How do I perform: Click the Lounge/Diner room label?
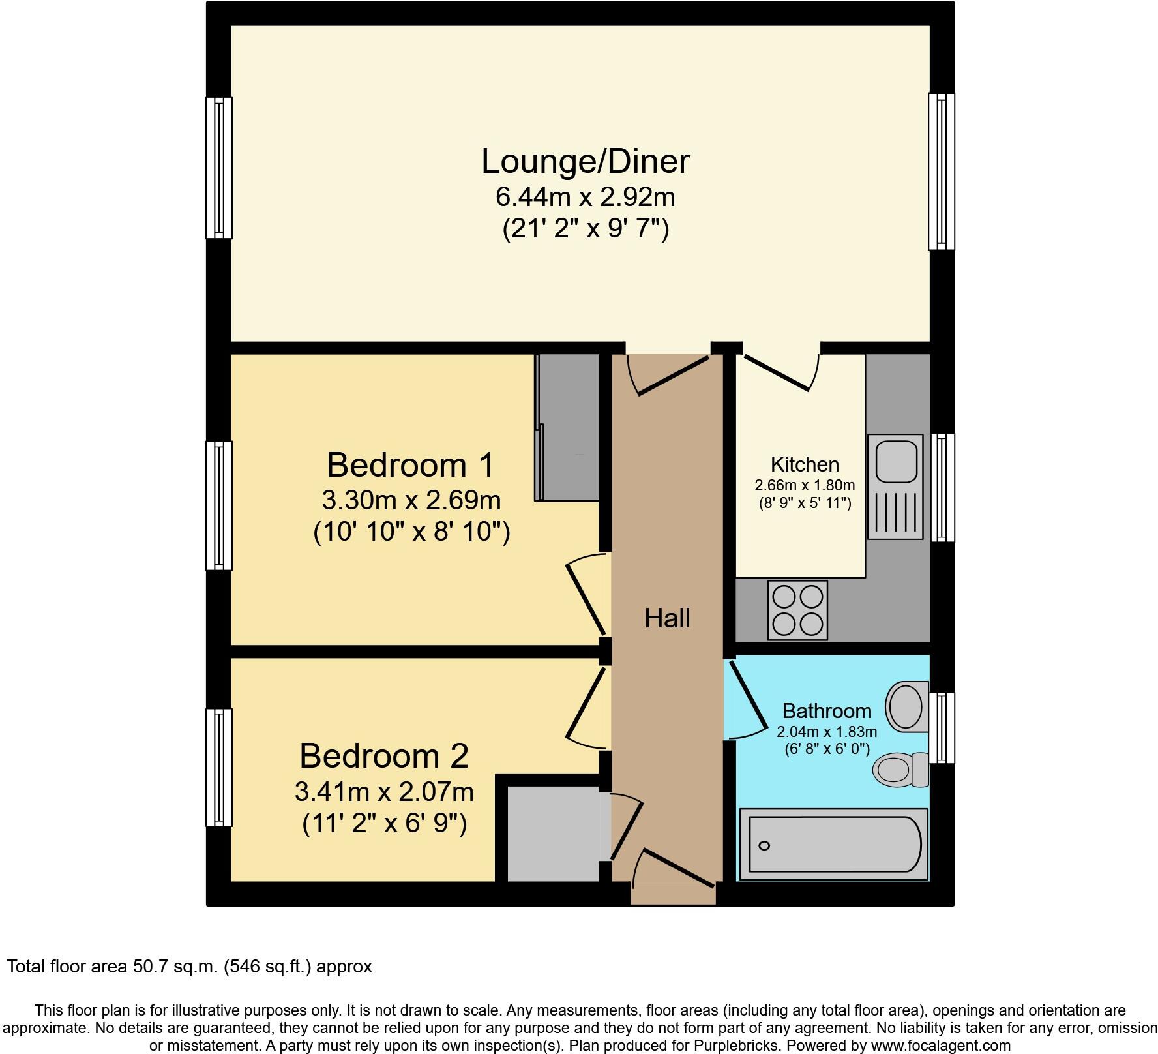click(585, 162)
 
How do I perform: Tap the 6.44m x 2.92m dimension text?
click(585, 196)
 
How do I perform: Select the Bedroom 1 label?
click(410, 466)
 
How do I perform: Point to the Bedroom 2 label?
click(383, 757)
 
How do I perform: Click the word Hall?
click(666, 618)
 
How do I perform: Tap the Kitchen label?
click(804, 464)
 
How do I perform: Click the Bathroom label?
click(826, 710)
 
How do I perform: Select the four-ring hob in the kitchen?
click(797, 610)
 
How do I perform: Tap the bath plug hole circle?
click(764, 846)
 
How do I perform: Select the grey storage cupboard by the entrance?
click(553, 834)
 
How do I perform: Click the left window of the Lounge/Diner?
click(218, 168)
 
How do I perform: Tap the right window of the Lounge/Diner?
click(941, 171)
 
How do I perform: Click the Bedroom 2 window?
click(218, 768)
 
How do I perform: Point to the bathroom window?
click(941, 728)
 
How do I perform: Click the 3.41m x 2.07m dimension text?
click(383, 792)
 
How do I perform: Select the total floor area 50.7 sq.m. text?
click(189, 966)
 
